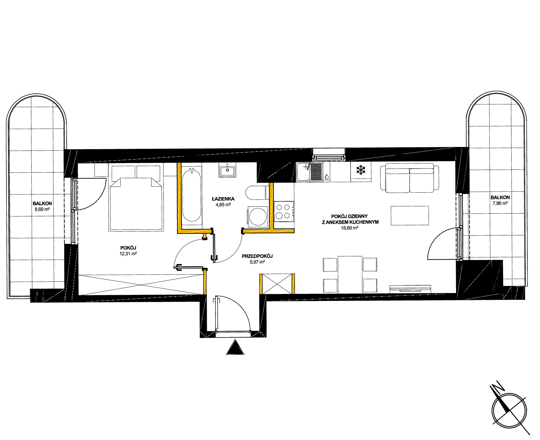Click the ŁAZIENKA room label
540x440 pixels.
tap(223, 199)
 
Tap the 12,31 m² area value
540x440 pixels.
tap(128, 254)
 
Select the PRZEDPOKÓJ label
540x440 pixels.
tap(257, 256)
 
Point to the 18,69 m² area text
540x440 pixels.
tap(349, 228)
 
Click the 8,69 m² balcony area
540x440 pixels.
tap(42, 209)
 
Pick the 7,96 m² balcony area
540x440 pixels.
tap(500, 203)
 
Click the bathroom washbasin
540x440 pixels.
tap(227, 170)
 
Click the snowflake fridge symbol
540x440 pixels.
tap(360, 170)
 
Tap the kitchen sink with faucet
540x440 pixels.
tap(309, 172)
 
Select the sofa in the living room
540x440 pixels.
tap(409, 178)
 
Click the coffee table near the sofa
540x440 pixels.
tap(410, 216)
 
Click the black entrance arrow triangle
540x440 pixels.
tap(235, 347)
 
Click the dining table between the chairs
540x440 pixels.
tap(350, 274)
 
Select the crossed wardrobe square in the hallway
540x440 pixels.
tap(277, 284)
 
